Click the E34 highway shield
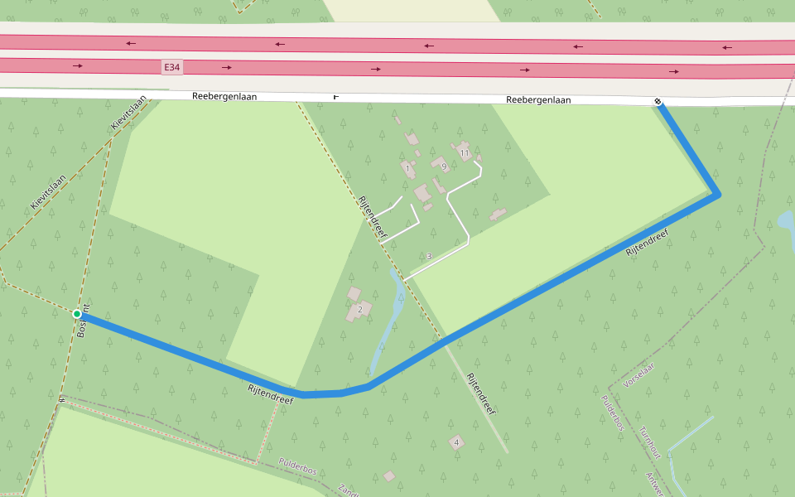tap(171, 65)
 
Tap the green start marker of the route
tap(77, 314)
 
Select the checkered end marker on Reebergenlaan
tap(658, 102)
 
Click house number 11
tap(465, 153)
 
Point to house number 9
tap(444, 166)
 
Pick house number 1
tap(407, 168)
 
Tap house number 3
tap(429, 256)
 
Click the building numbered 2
tap(360, 310)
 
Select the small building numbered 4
tap(456, 442)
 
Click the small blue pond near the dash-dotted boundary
tap(785, 221)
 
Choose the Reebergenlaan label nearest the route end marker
tap(538, 100)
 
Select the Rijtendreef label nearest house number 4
tap(481, 394)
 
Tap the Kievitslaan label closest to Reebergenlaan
tap(128, 113)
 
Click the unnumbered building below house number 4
tap(389, 476)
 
